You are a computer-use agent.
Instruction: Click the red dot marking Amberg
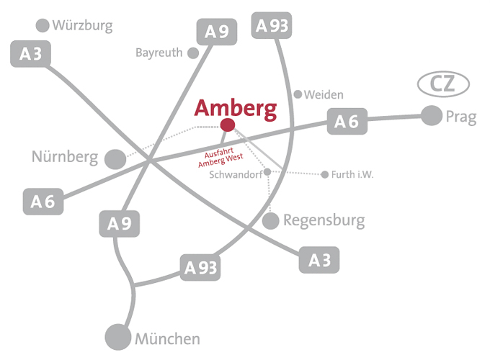(228, 125)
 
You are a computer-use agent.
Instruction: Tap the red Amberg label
(236, 109)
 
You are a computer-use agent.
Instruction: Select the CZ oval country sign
(443, 85)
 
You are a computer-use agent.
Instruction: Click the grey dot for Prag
(431, 115)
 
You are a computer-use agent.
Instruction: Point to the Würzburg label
(83, 26)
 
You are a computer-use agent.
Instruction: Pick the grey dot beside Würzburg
(43, 26)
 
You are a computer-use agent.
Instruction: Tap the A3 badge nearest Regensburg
(319, 260)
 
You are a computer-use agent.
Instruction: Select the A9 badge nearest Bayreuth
(217, 32)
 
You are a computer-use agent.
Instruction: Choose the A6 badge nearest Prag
(347, 122)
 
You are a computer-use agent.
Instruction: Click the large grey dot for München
(118, 337)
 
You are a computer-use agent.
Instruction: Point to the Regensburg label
(324, 220)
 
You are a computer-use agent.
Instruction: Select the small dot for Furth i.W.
(325, 174)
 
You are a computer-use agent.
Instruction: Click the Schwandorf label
(235, 175)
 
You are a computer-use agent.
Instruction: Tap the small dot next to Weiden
(298, 94)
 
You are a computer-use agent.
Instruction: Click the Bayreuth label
(159, 53)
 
